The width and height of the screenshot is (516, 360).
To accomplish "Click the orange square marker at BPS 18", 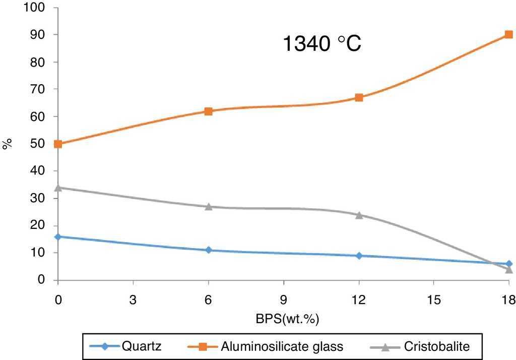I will pos(508,35).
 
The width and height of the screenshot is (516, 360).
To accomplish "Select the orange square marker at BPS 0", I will pos(58,144).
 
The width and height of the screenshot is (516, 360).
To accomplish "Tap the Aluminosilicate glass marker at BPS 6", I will pos(208,111).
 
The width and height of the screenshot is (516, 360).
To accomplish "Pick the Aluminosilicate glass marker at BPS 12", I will pos(359,97).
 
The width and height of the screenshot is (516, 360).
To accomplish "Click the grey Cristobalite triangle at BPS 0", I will pos(58,188).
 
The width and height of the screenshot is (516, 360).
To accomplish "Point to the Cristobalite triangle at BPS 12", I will pos(359,215).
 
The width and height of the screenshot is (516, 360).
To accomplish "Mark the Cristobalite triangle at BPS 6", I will pos(208,206).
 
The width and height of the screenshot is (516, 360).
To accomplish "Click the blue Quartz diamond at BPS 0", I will pos(58,236).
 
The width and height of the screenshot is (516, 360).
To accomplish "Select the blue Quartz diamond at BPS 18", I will pos(508,264).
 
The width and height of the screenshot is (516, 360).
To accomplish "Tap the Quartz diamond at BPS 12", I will pos(359,256).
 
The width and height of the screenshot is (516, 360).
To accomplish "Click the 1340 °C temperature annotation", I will pos(321,44).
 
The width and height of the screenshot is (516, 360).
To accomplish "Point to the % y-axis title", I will pos(8,144).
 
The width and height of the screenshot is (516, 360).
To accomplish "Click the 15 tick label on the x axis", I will pos(433,300).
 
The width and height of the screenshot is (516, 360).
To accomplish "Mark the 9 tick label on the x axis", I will pos(283,300).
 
